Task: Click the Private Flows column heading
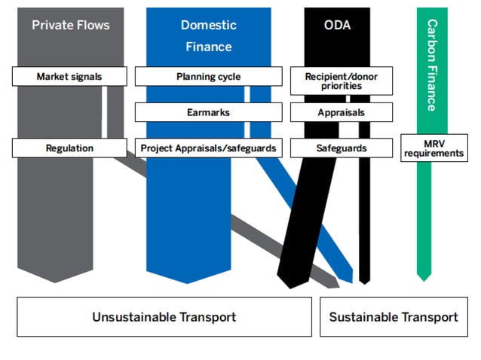70,25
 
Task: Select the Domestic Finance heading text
208,35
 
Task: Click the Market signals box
69,76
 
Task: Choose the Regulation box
69,148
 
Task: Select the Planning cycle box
208,76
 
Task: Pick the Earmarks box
208,112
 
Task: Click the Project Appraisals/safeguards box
208,148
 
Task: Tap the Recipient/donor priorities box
341,81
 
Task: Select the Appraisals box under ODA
341,112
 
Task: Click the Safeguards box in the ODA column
341,148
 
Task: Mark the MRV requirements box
434,148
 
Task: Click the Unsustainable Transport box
164,316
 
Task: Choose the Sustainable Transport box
394,316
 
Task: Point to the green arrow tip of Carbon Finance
424,277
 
